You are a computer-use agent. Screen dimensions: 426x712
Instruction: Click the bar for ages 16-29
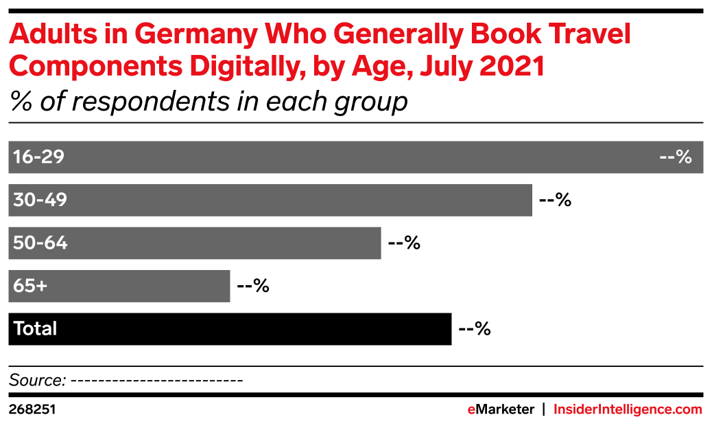point(355,157)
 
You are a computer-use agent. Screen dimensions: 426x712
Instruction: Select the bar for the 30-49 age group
point(270,200)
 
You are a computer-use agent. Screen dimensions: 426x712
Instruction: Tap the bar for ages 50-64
point(195,243)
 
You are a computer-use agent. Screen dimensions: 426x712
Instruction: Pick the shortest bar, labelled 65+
point(119,286)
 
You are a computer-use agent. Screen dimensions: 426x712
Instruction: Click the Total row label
point(35,329)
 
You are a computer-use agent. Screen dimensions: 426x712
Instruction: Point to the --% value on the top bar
point(675,157)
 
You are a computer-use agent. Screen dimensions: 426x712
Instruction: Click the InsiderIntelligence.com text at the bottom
point(628,410)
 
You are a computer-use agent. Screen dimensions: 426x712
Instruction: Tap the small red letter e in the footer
point(471,410)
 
